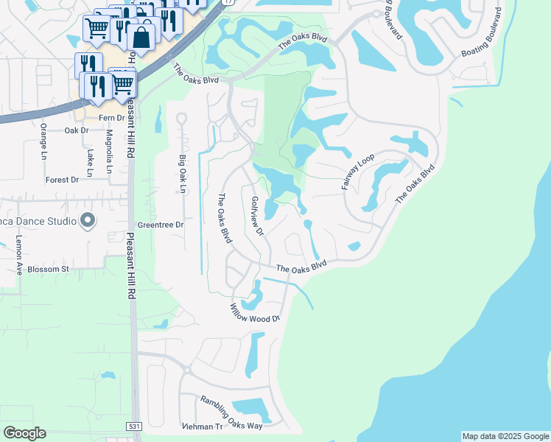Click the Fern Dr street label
tap(111, 118)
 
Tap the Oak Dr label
tap(77, 130)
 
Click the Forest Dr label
tap(62, 180)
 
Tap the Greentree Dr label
tap(160, 225)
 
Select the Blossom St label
tap(48, 270)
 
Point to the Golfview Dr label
tap(257, 216)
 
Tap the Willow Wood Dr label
tap(256, 314)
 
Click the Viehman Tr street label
tap(202, 427)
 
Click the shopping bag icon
tap(142, 36)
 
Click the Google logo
tap(24, 433)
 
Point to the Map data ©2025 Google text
tap(505, 436)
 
